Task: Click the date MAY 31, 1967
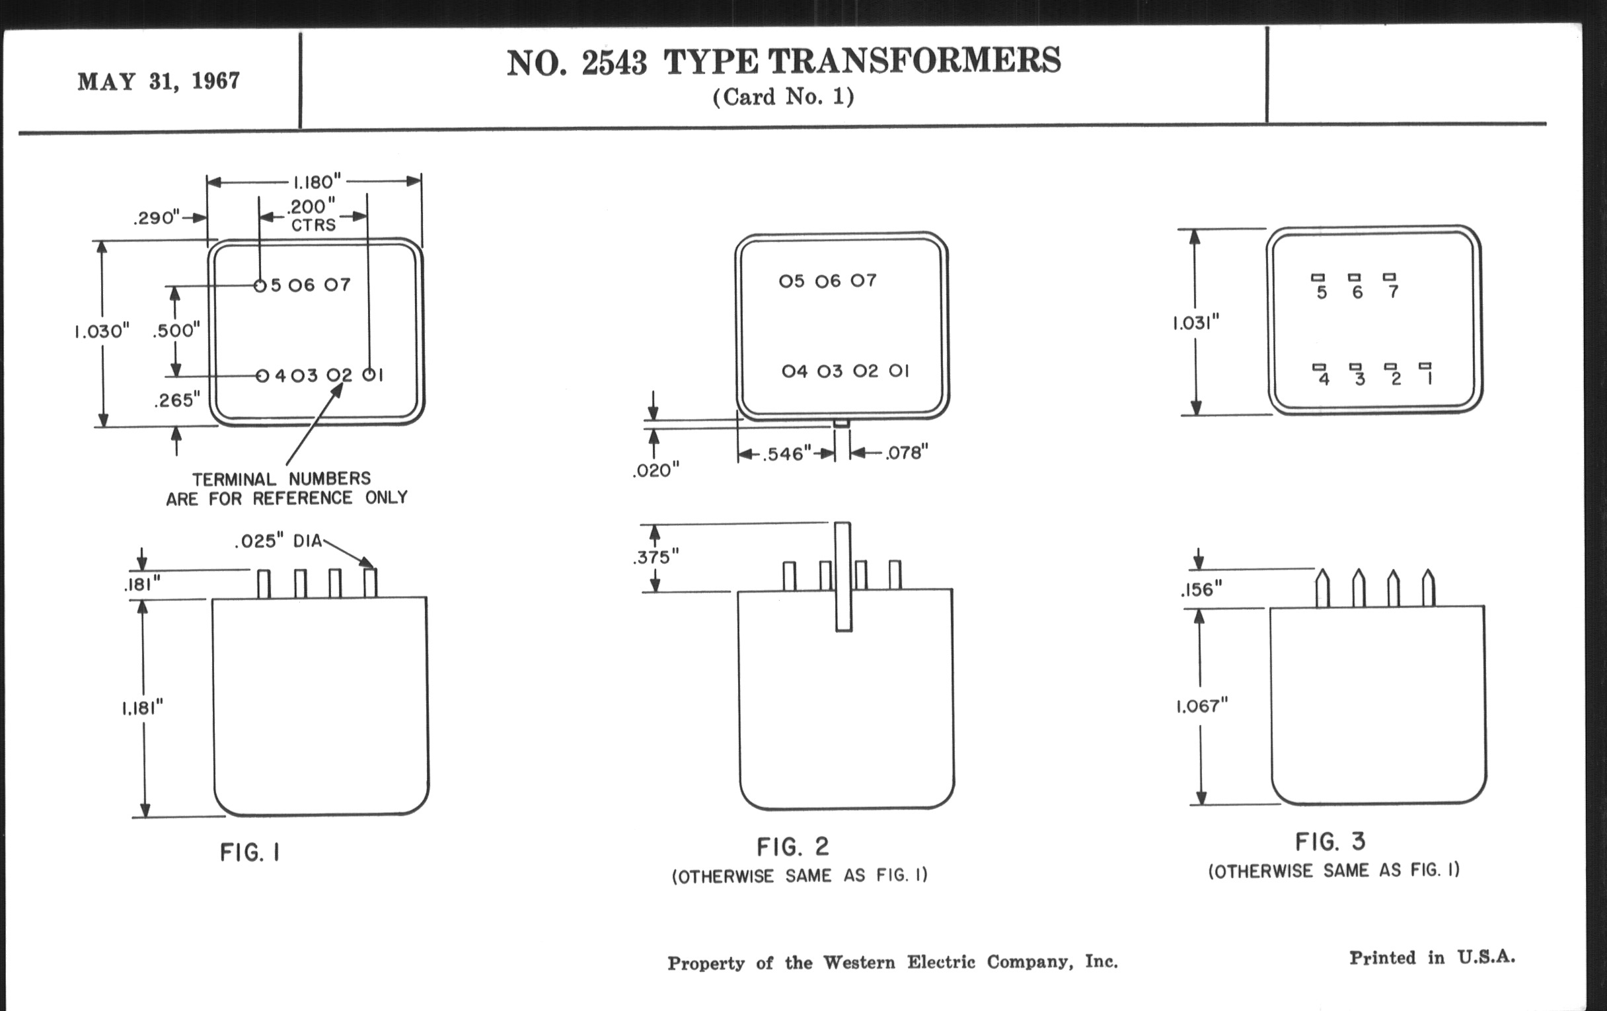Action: click(x=159, y=81)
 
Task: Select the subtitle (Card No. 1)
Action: click(x=783, y=97)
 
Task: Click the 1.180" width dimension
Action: click(x=317, y=182)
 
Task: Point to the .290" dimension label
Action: click(x=157, y=218)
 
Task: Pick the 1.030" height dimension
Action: click(x=102, y=331)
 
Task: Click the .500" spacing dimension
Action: click(x=176, y=330)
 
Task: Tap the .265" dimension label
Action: click(x=177, y=400)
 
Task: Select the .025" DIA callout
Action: click(x=278, y=541)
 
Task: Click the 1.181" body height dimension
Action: click(x=142, y=707)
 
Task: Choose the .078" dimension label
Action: click(x=907, y=453)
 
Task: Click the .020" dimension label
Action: click(x=655, y=471)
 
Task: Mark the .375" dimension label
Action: click(x=655, y=556)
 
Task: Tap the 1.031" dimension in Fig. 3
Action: click(x=1196, y=323)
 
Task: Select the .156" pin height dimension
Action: click(x=1201, y=590)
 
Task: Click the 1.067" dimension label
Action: click(x=1201, y=706)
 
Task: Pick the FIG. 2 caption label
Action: click(x=793, y=848)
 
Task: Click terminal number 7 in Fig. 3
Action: click(x=1393, y=291)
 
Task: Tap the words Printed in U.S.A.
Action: click(x=1432, y=957)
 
